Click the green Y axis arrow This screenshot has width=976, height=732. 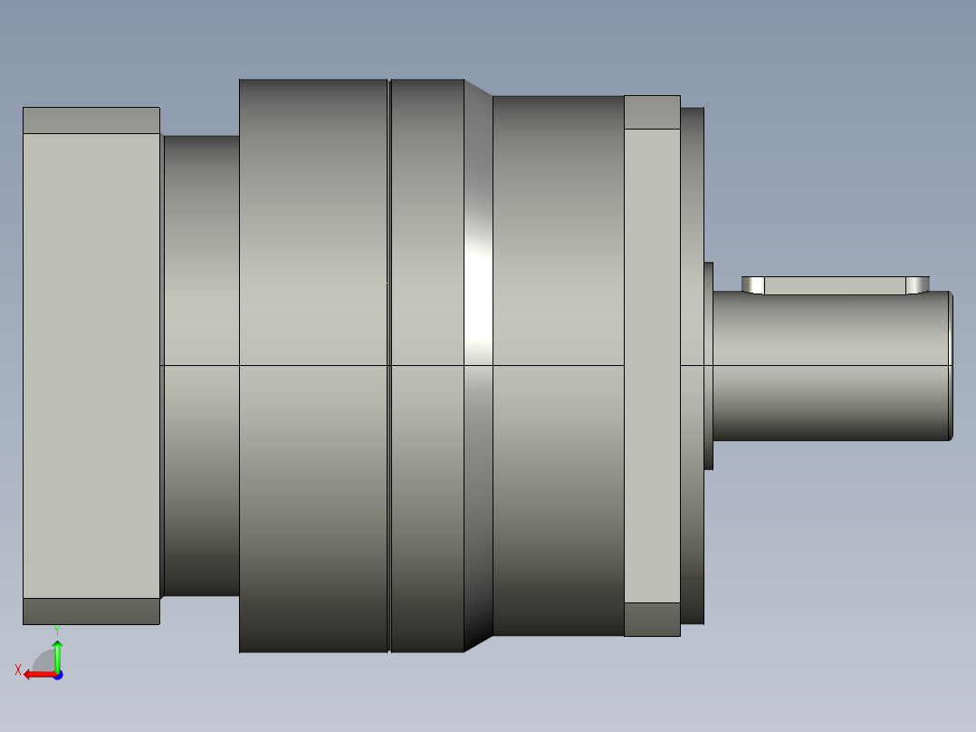57,656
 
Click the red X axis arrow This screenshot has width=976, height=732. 41,675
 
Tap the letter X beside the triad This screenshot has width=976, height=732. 18,669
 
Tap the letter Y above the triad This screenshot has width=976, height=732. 57,631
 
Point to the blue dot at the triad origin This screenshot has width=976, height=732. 58,675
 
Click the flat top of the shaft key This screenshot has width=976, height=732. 835,285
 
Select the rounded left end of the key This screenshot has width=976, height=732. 753,284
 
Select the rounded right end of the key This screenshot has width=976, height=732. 917,284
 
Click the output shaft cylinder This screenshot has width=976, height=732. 831,366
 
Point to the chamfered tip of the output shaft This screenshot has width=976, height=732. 951,366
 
